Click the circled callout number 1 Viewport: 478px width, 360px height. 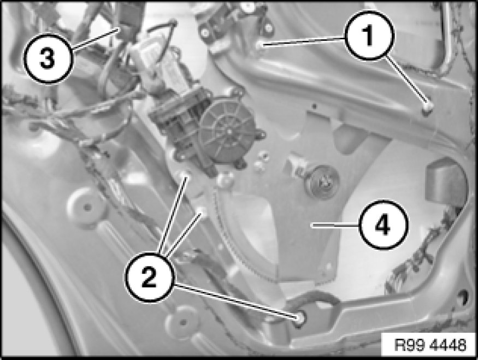(369, 35)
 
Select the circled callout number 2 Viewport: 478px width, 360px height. (149, 277)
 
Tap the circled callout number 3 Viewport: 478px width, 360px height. (49, 58)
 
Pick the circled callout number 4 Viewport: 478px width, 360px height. (382, 225)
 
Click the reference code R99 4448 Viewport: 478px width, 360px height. (430, 345)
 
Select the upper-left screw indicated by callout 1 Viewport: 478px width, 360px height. (260, 44)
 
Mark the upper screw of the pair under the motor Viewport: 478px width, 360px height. (185, 175)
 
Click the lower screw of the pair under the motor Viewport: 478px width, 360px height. (201, 211)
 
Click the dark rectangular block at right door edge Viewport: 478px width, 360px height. (444, 183)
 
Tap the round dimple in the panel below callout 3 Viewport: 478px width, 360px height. (87, 207)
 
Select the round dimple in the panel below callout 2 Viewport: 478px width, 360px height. (182, 322)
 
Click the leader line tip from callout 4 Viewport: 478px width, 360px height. (311, 225)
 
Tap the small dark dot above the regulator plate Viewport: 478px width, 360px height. (314, 107)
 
